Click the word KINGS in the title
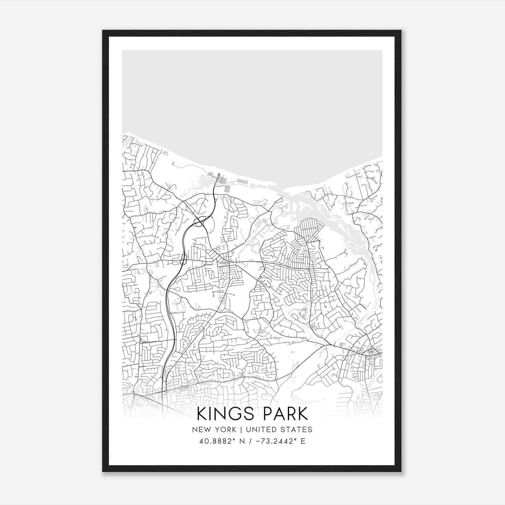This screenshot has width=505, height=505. [x=224, y=414]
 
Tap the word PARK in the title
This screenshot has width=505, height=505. [x=283, y=414]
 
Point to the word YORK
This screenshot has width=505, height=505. [x=224, y=430]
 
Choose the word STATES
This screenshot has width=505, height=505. [x=297, y=430]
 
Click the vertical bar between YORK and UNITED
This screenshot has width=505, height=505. [x=241, y=430]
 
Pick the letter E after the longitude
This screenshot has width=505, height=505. [x=303, y=441]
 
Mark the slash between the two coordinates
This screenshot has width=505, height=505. [x=250, y=441]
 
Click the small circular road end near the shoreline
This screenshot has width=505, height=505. [x=219, y=174]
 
